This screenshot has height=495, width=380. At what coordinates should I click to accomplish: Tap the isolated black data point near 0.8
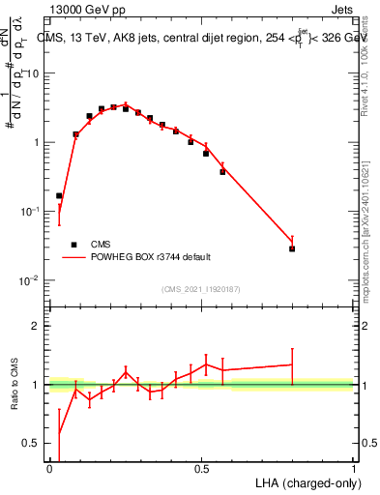click(292, 248)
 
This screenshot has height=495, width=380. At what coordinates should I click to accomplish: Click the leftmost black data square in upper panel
click(59, 195)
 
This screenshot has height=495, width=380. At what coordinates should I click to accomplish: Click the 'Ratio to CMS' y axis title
click(13, 385)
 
